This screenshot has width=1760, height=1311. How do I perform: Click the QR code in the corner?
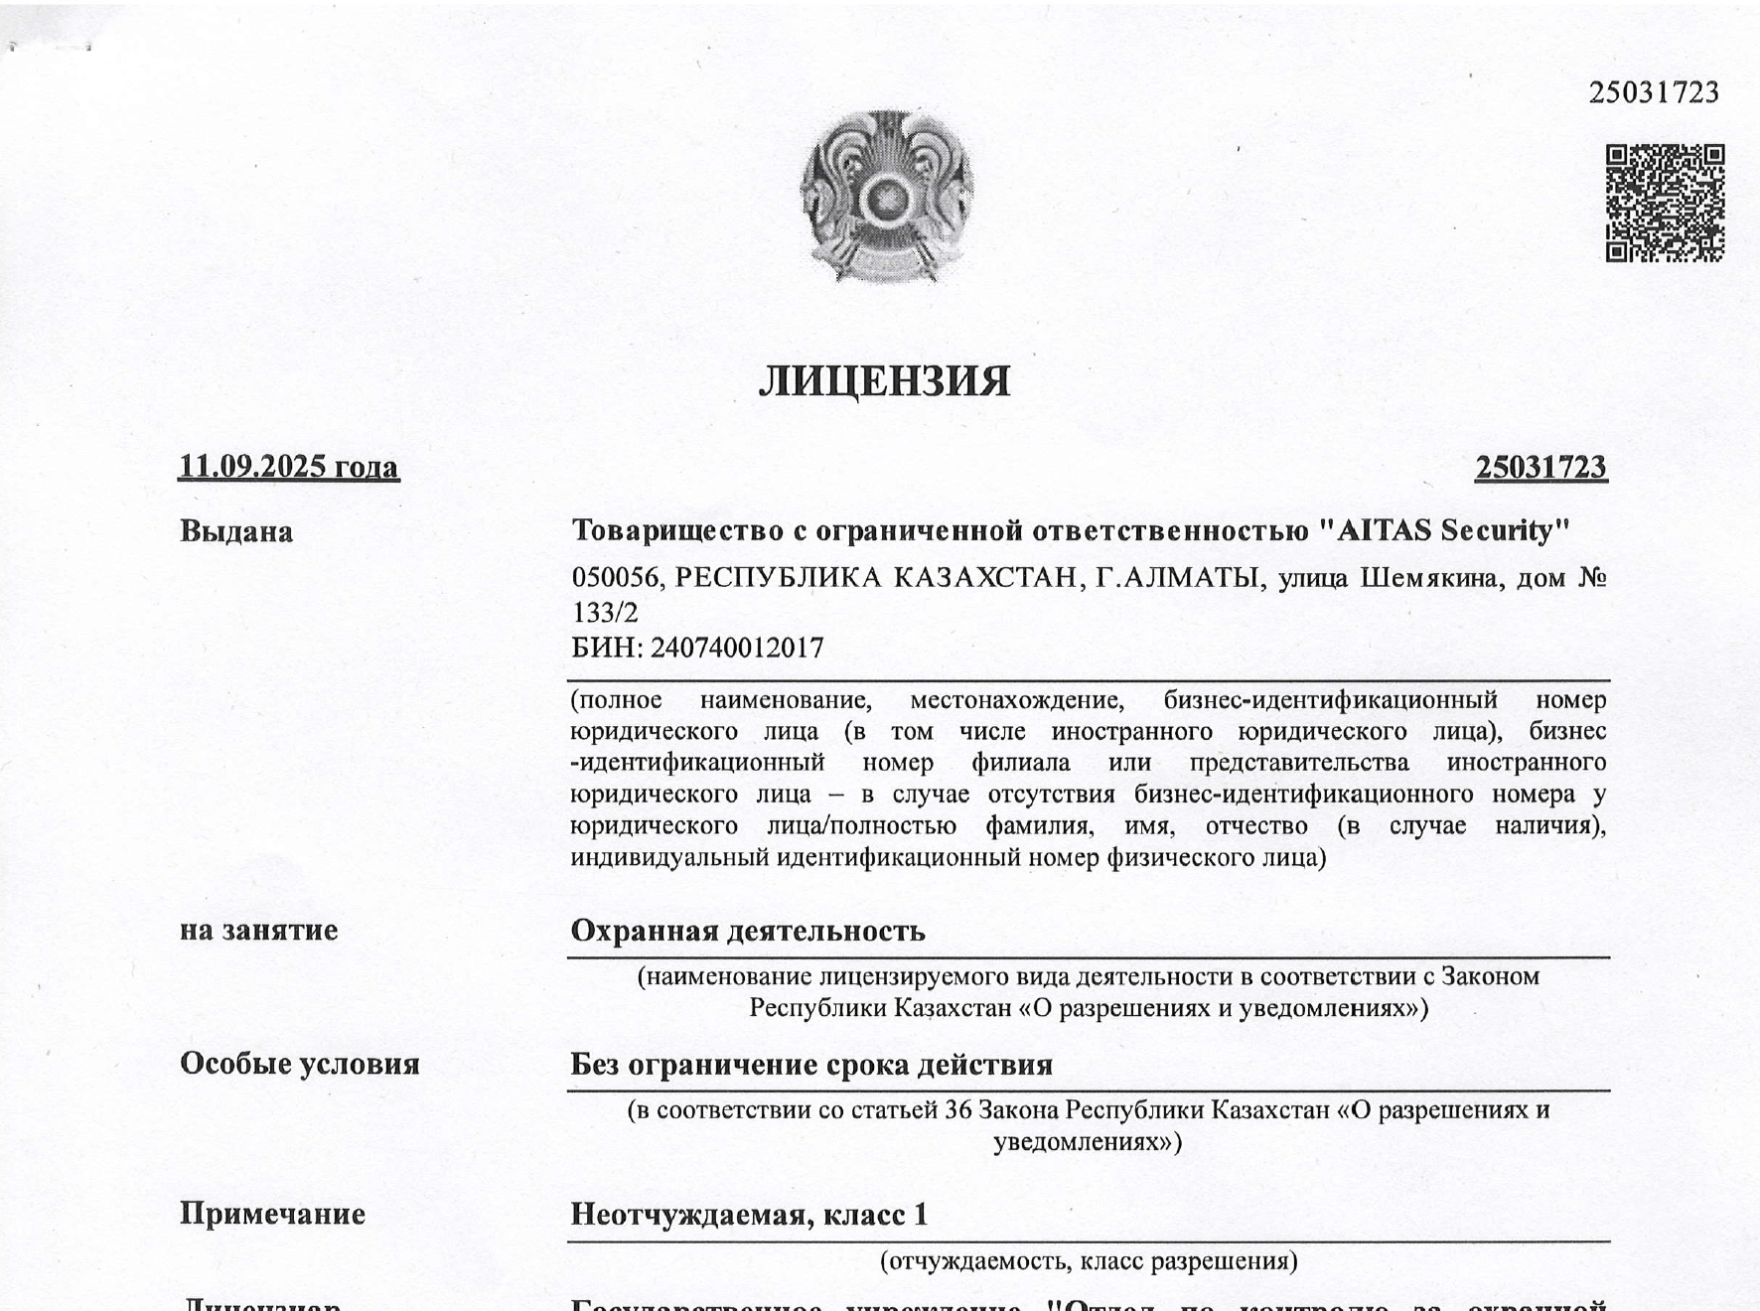click(x=1665, y=204)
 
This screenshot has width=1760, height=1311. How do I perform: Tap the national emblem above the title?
click(x=886, y=198)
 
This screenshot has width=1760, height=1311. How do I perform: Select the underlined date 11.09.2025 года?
click(x=289, y=467)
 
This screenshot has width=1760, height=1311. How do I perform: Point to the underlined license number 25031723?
click(x=1540, y=468)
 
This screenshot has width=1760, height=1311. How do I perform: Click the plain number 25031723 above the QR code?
click(x=1654, y=93)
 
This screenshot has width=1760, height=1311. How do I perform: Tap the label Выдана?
click(x=236, y=532)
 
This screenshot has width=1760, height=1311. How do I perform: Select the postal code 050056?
click(x=615, y=578)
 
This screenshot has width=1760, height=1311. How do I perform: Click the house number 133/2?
click(x=605, y=613)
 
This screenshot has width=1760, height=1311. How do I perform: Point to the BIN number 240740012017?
click(x=737, y=649)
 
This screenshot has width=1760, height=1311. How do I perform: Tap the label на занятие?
click(x=258, y=931)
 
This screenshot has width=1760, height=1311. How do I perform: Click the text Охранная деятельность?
click(x=748, y=932)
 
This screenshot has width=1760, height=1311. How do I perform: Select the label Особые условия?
click(x=300, y=1065)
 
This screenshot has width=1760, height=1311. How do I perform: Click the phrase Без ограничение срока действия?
click(x=811, y=1066)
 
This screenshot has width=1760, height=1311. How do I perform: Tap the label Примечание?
click(x=272, y=1215)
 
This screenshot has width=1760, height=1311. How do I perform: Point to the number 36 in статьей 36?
click(x=958, y=1110)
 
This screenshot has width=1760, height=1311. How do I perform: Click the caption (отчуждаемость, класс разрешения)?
click(x=1089, y=1262)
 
